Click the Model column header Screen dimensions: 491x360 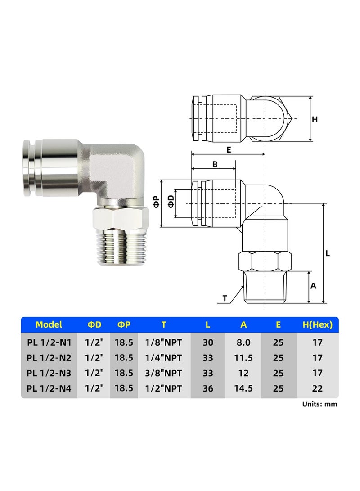(x=49, y=324)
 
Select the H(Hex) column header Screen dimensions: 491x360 (x=317, y=324)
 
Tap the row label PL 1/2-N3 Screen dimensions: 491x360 (x=49, y=373)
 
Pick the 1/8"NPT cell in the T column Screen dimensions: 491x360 (x=164, y=342)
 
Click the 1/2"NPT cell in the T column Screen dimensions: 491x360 (x=164, y=388)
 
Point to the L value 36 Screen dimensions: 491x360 (x=208, y=388)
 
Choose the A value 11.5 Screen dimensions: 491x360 (x=243, y=358)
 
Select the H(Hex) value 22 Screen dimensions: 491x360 (x=317, y=388)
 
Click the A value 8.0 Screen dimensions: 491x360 (x=243, y=342)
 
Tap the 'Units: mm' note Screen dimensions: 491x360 (x=319, y=404)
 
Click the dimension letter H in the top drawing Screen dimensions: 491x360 (x=315, y=119)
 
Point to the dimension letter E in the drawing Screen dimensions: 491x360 (x=229, y=150)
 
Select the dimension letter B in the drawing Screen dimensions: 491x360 (x=215, y=165)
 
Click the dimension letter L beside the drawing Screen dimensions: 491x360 (x=328, y=253)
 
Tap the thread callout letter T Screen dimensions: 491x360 (x=225, y=298)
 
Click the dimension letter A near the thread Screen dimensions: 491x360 (x=314, y=286)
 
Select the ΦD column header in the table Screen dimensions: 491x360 (x=94, y=324)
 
